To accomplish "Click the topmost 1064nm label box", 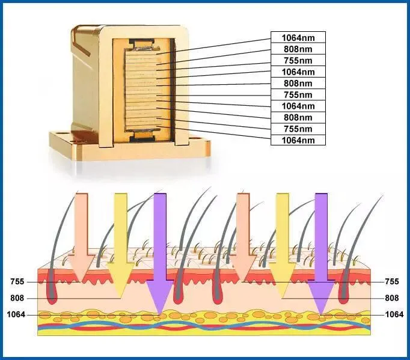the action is [298, 37].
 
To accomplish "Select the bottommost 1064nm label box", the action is [298, 140].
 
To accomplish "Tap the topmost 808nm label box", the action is [298, 49].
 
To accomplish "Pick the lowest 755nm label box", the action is [298, 129].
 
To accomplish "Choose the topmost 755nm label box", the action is [298, 60].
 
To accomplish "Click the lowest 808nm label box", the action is [298, 117].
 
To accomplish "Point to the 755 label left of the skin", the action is [17, 282].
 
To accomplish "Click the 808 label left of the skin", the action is [17, 298].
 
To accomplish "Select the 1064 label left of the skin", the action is [16, 314].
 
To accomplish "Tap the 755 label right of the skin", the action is [392, 281].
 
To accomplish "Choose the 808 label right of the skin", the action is [392, 298].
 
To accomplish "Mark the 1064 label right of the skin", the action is [394, 314].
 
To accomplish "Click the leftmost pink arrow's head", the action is [81, 268].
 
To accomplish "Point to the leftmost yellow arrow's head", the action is [121, 279].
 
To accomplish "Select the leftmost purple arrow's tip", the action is [160, 314].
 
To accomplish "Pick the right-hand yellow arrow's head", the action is [283, 279].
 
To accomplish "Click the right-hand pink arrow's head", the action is [242, 268].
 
